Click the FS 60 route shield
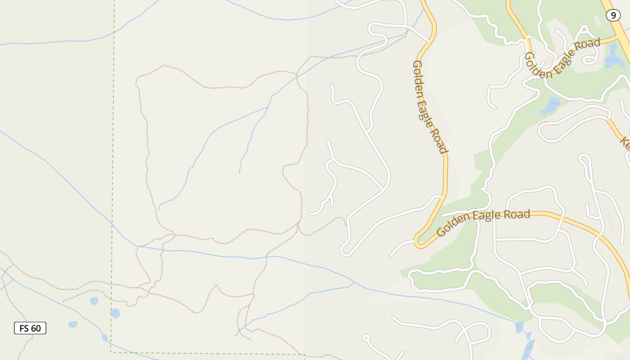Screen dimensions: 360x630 pyautogui.click(x=30, y=328)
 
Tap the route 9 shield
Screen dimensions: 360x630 pyautogui.click(x=613, y=15)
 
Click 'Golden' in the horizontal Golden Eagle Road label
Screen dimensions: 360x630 pyautogui.click(x=453, y=226)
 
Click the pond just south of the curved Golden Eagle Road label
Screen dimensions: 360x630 pyautogui.click(x=550, y=106)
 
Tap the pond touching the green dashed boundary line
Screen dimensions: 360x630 pyautogui.click(x=115, y=313)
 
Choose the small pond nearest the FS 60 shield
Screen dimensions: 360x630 pyautogui.click(x=72, y=324)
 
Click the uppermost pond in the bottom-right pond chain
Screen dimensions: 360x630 pyautogui.click(x=519, y=327)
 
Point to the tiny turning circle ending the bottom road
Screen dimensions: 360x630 pyautogui.click(x=366, y=337)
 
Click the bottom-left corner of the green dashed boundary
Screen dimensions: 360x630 pyautogui.click(x=111, y=352)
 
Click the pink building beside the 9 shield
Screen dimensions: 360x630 pyautogui.click(x=598, y=21)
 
